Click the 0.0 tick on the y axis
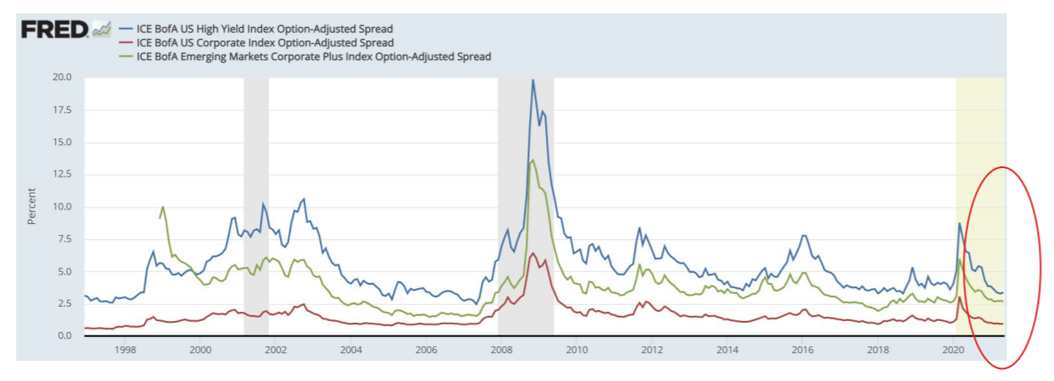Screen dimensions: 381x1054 tap(65, 336)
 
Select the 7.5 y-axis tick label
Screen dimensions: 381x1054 tap(65, 239)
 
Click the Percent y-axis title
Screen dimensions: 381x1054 tap(32, 206)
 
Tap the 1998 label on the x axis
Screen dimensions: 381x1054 tap(124, 349)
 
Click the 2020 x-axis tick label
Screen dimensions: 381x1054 tap(953, 349)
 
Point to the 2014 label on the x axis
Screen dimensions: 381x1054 tap(727, 349)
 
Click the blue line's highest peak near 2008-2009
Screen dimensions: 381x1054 tap(532, 80)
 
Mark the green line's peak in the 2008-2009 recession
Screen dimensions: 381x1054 tap(532, 161)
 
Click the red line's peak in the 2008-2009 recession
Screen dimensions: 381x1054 tap(532, 253)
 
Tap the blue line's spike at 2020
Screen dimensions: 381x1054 tap(959, 223)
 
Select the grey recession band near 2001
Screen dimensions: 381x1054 tap(256, 203)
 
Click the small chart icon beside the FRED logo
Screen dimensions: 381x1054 tap(101, 30)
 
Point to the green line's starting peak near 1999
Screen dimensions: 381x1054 tap(162, 206)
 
